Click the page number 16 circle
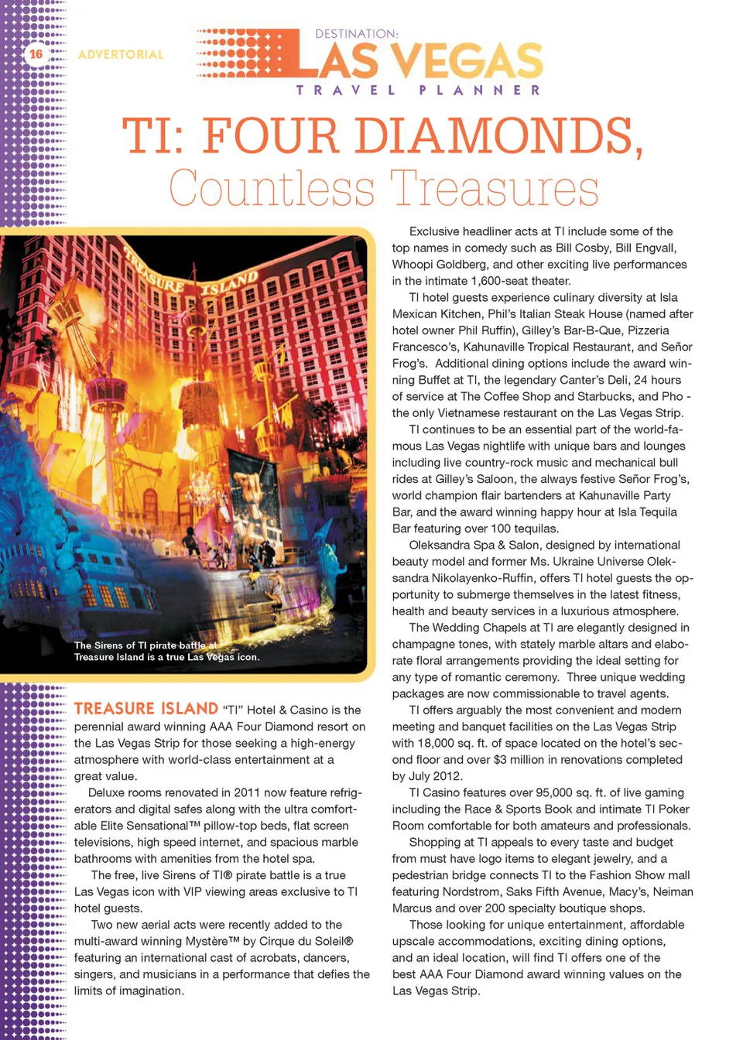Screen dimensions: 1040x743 36,54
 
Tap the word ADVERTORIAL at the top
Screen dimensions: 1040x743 121,55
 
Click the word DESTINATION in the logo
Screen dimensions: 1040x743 356,34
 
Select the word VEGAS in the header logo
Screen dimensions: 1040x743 466,61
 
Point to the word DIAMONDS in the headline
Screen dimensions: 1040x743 494,136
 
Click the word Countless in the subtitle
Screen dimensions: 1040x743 272,189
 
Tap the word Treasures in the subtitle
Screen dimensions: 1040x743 495,189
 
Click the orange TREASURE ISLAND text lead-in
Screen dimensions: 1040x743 146,709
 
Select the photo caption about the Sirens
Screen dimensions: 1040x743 166,651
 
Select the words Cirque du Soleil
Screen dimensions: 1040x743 306,942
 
